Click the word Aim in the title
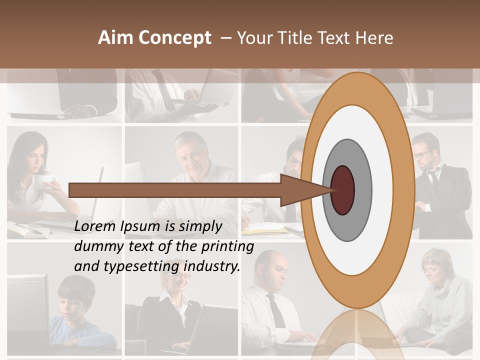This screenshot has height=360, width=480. coord(115,38)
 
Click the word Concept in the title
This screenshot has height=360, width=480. coord(175,38)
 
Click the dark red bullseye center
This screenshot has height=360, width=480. coord(343,190)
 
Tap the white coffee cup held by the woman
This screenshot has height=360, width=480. coord(43,181)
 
